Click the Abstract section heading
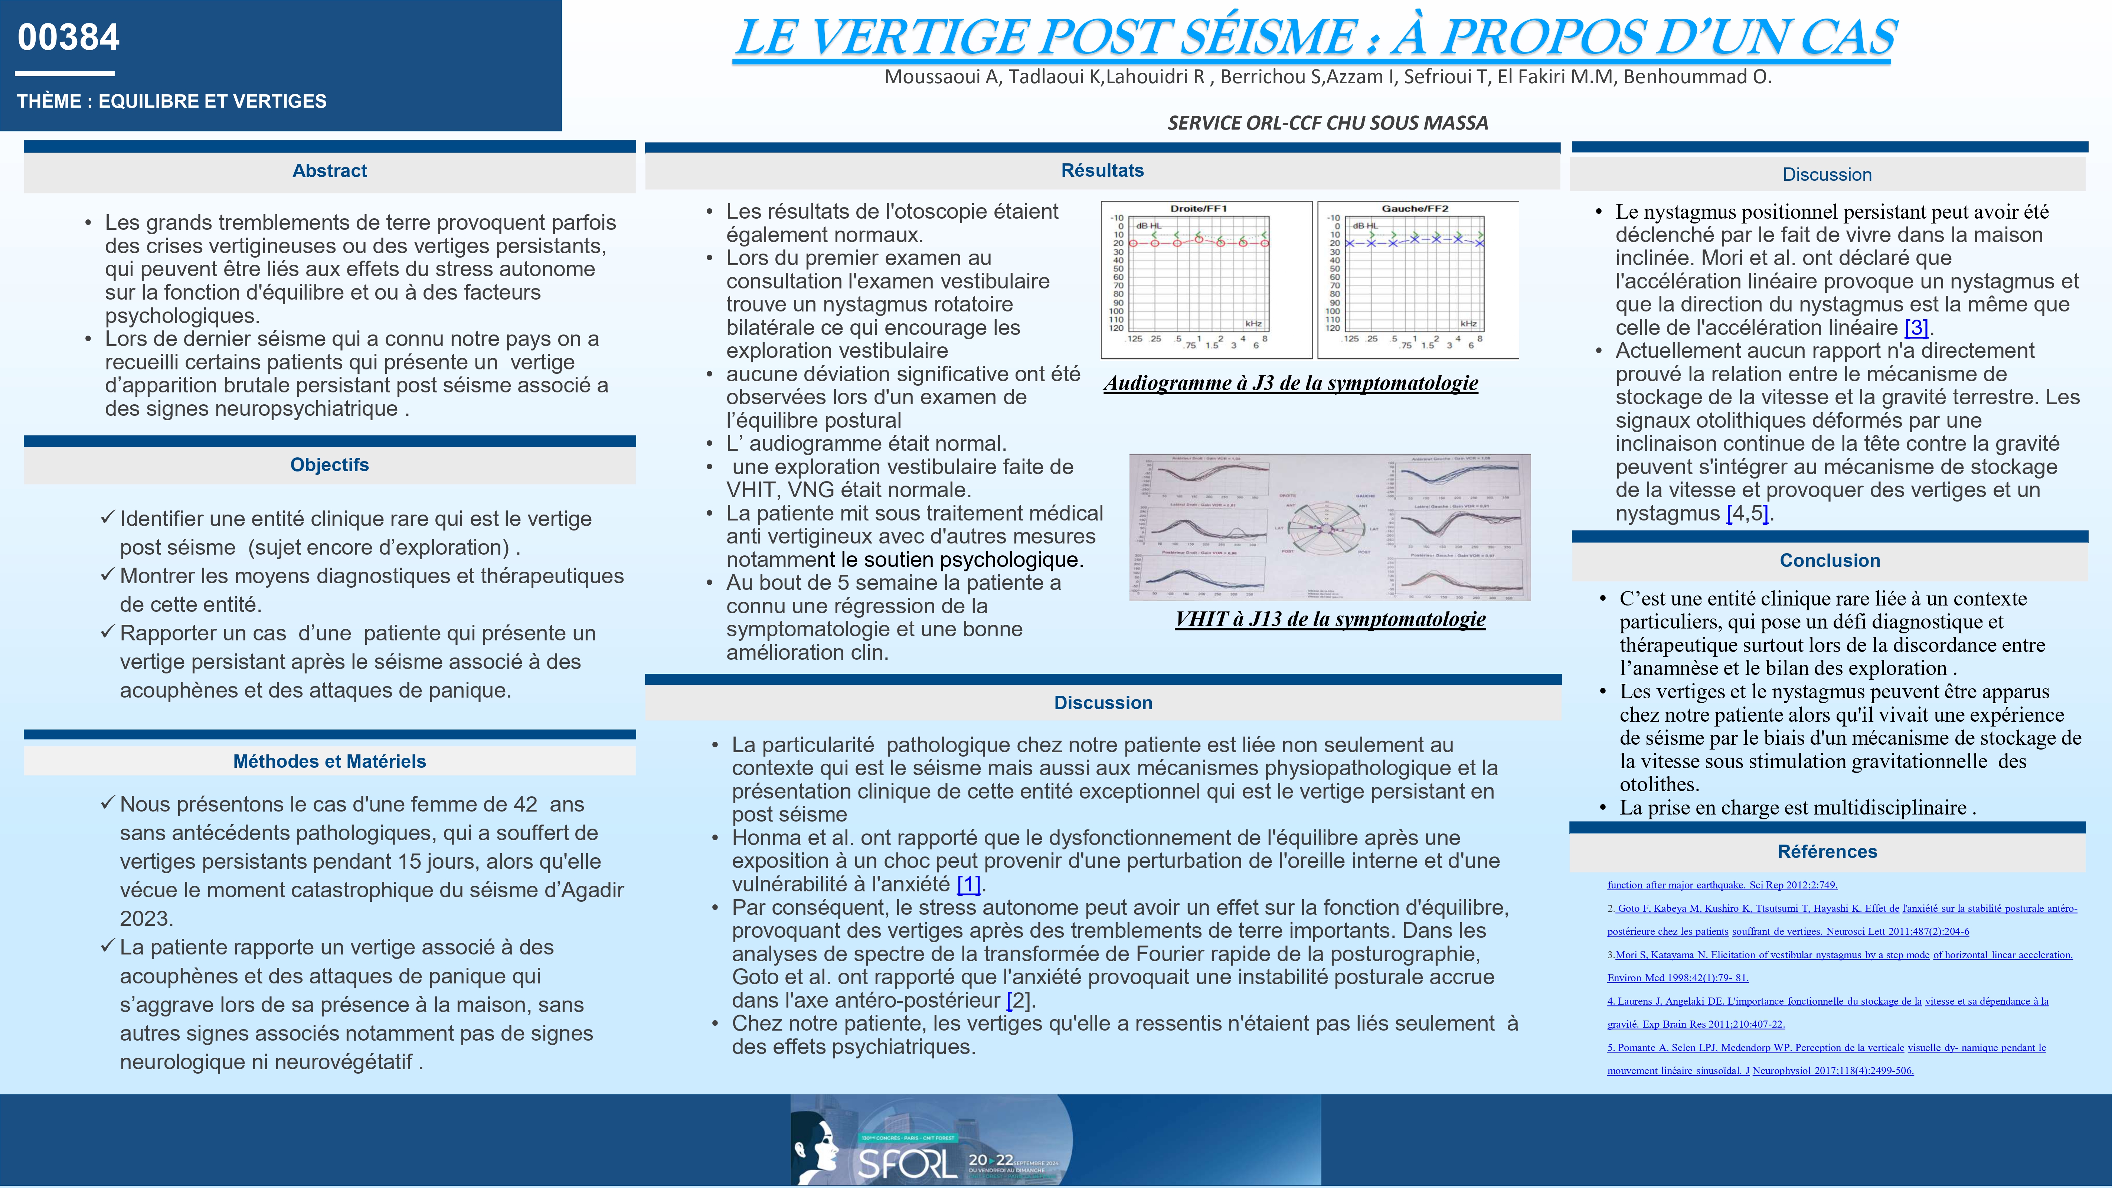click(330, 170)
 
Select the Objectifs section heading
click(330, 465)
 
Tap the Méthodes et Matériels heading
click(330, 761)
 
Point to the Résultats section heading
click(1102, 170)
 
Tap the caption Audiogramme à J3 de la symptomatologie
click(1291, 383)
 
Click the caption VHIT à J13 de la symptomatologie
click(1330, 619)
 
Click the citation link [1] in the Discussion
click(968, 885)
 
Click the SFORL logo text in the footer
click(906, 1163)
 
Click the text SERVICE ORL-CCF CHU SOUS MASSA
click(1327, 123)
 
